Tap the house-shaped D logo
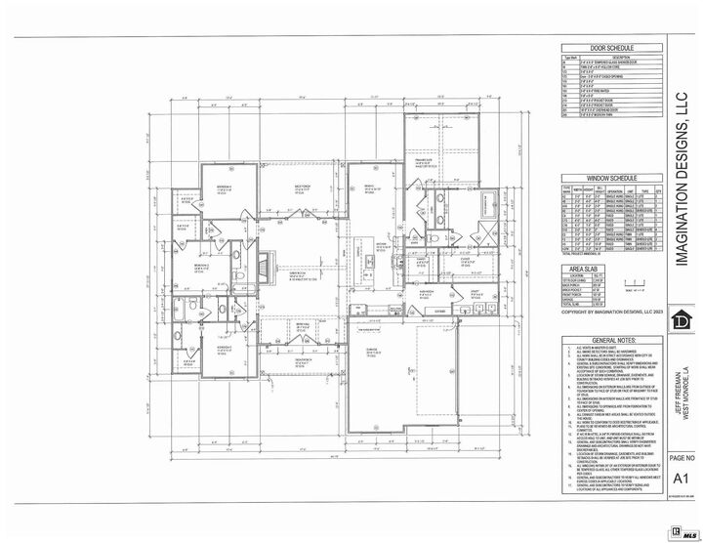click(682, 321)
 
